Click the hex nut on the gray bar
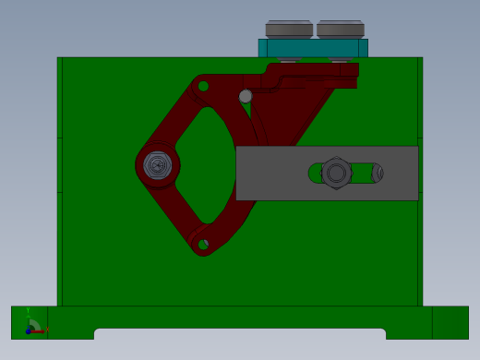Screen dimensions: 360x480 (x=336, y=173)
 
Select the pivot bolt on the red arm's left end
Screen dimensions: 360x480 (x=158, y=166)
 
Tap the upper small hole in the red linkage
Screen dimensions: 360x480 (x=203, y=87)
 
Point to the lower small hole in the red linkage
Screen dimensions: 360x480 (x=203, y=245)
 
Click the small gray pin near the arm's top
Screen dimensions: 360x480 (x=246, y=96)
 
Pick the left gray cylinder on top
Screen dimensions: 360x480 (x=289, y=30)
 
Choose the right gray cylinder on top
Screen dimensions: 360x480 (x=341, y=30)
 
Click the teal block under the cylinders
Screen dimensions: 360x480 (x=313, y=48)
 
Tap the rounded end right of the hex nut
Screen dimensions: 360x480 (x=377, y=173)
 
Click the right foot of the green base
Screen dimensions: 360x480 (x=450, y=322)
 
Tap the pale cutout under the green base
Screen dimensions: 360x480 (x=240, y=335)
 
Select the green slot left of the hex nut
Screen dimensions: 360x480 (x=315, y=173)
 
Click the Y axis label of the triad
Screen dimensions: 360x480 (x=28, y=311)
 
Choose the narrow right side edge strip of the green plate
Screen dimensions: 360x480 (x=420, y=231)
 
